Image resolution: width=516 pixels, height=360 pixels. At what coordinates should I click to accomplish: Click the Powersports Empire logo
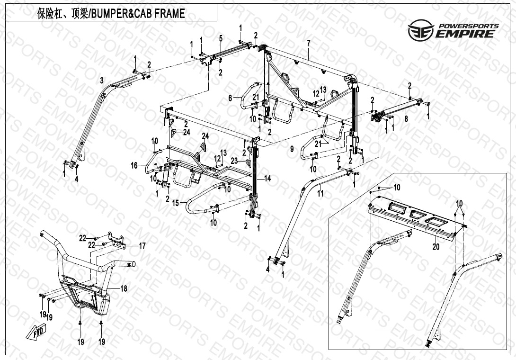click(454, 30)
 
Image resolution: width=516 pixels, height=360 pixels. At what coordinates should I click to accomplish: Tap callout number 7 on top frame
click(308, 44)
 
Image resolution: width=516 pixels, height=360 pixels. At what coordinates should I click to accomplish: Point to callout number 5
click(221, 38)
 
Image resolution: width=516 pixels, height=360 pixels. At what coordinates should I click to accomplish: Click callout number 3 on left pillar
click(101, 80)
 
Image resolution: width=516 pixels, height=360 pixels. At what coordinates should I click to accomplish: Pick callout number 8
click(406, 120)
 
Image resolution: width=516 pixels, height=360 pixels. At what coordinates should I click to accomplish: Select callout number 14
click(268, 179)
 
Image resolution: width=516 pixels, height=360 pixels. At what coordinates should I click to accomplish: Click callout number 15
click(176, 203)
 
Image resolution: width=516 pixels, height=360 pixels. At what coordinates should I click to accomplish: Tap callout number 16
click(134, 165)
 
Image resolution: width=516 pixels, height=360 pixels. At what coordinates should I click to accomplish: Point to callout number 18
click(124, 288)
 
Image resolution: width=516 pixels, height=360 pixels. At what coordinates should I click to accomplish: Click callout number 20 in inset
click(436, 247)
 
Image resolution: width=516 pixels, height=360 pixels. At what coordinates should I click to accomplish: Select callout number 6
click(231, 98)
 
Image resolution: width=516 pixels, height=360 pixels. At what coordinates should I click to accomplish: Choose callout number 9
click(292, 149)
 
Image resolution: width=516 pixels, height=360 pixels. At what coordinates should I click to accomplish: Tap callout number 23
click(233, 161)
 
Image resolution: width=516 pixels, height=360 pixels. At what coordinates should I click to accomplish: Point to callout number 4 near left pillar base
click(76, 180)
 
